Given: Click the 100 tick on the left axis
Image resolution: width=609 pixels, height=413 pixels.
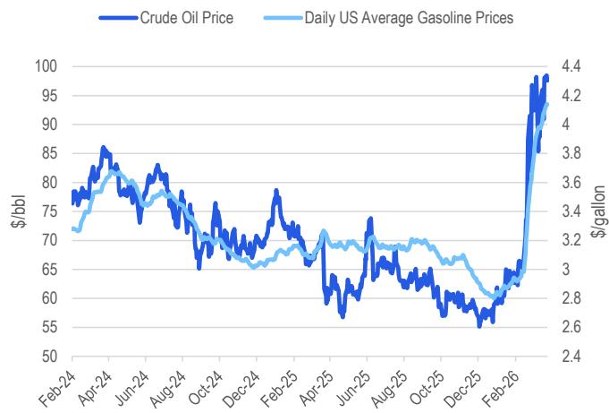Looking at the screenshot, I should click(x=47, y=67).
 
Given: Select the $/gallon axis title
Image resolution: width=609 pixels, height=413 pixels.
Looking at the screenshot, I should click(x=598, y=211).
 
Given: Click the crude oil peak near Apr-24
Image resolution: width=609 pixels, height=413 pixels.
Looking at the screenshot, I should click(x=103, y=147).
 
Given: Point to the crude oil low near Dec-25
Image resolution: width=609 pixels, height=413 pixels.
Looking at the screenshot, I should click(x=479, y=325).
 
